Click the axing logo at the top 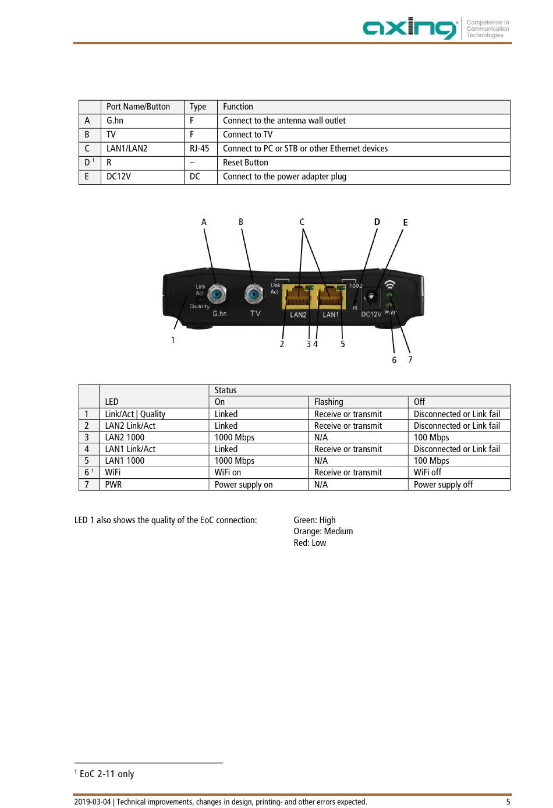click(x=410, y=28)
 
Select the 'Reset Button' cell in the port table click(x=245, y=163)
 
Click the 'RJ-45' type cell click(x=199, y=149)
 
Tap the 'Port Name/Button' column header click(x=138, y=107)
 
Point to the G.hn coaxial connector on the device click(x=217, y=294)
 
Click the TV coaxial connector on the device click(x=254, y=295)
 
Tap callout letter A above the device click(x=204, y=222)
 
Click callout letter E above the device click(x=405, y=223)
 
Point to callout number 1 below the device click(x=173, y=340)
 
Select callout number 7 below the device click(x=410, y=359)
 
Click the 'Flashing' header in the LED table click(x=328, y=402)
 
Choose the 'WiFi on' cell click(x=228, y=472)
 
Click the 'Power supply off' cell click(x=443, y=485)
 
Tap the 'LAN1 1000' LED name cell click(x=125, y=461)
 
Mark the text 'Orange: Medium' click(x=323, y=531)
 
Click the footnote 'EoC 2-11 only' click(x=107, y=774)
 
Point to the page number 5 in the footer click(x=508, y=802)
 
